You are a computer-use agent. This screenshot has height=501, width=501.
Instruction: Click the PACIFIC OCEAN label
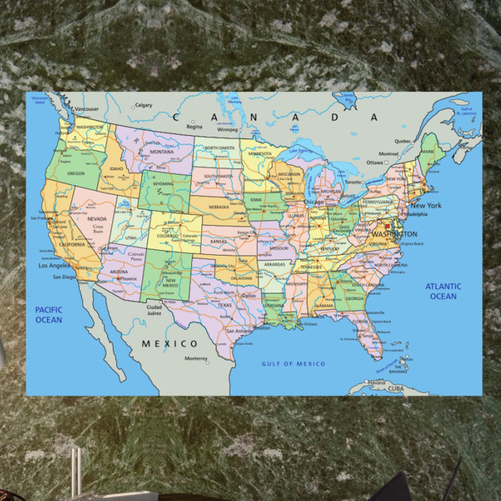click(49, 315)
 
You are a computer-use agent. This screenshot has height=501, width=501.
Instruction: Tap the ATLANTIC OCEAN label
click(443, 291)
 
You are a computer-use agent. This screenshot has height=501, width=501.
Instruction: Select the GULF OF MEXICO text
click(293, 364)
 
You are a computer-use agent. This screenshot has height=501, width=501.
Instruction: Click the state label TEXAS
click(225, 305)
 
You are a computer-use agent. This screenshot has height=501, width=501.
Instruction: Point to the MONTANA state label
click(162, 152)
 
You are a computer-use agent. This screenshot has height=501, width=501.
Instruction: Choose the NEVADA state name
click(97, 219)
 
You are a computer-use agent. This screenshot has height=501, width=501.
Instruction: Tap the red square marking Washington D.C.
click(387, 226)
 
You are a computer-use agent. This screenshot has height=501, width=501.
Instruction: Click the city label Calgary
click(144, 105)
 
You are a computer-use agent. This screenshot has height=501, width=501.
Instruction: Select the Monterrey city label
click(196, 358)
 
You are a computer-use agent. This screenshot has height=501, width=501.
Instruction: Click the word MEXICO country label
click(169, 344)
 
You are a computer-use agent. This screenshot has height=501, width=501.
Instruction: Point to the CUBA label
click(396, 389)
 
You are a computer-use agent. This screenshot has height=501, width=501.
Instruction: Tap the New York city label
click(426, 205)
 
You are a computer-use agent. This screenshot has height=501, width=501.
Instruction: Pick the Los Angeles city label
click(54, 265)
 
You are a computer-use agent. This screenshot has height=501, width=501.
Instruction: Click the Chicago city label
click(314, 202)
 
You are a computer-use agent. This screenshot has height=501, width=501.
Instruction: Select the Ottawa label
click(374, 162)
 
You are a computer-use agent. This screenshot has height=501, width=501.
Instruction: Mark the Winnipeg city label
click(227, 130)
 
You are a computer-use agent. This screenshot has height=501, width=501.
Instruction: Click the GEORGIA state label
click(355, 298)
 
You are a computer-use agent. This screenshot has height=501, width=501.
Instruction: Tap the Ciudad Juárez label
click(154, 310)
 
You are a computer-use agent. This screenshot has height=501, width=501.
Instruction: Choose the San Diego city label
click(64, 277)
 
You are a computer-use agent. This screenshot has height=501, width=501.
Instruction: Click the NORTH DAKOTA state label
click(220, 148)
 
